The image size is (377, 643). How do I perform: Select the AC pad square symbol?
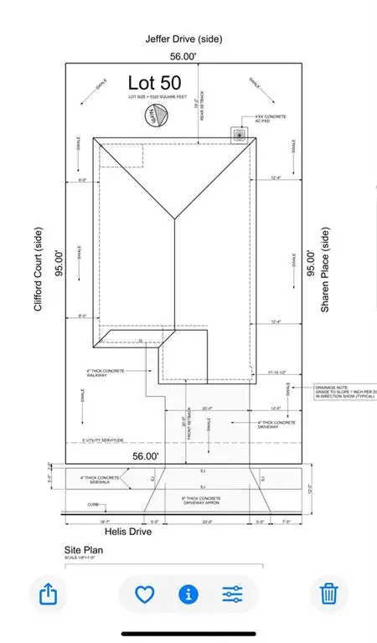(241, 133)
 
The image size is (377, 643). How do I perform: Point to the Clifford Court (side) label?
(38, 271)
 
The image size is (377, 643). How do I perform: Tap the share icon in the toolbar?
(49, 594)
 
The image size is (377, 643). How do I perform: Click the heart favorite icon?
(146, 594)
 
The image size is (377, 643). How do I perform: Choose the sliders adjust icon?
(232, 594)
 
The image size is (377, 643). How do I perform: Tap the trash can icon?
(328, 594)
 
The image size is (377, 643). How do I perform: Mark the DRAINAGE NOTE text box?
(342, 391)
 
